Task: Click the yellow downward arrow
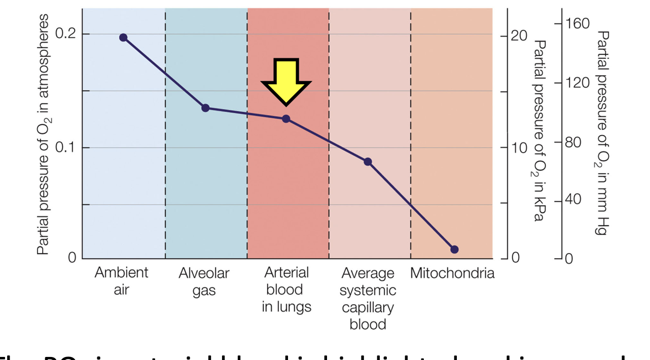[x=286, y=80]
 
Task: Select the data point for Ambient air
[x=123, y=38]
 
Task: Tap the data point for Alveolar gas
[x=205, y=107]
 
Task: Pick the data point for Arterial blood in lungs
[x=286, y=119]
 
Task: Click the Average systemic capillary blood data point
[x=368, y=162]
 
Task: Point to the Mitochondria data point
[x=454, y=249]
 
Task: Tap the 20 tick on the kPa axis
[x=518, y=37]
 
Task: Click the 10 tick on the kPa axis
[x=518, y=148]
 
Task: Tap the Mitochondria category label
[x=452, y=274]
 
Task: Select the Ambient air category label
[x=122, y=281]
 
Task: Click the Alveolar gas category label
[x=204, y=282]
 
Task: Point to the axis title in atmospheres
[x=44, y=134]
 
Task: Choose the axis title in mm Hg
[x=602, y=133]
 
